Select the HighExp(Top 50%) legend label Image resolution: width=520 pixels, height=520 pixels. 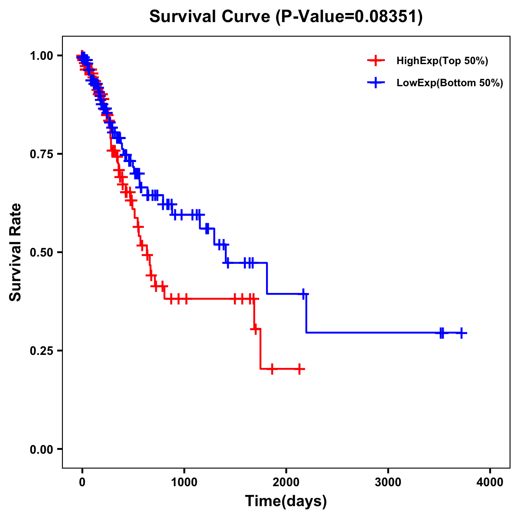[x=442, y=61]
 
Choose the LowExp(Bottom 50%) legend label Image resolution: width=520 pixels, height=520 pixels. [x=450, y=83]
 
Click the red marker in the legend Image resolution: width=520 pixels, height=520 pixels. [x=376, y=61]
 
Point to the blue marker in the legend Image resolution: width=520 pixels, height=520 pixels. [x=376, y=83]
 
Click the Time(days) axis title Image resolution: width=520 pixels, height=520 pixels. [x=286, y=501]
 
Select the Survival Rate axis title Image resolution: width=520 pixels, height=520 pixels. [x=16, y=252]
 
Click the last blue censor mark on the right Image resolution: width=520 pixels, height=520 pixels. [x=461, y=333]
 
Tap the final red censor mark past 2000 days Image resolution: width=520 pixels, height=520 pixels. [x=299, y=369]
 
